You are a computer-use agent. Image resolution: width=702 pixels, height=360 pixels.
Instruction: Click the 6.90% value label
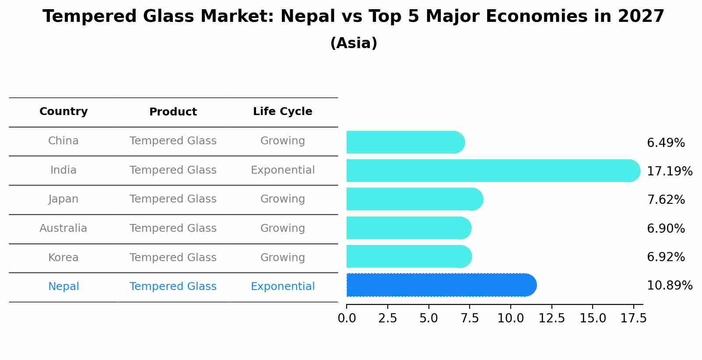pyautogui.click(x=666, y=228)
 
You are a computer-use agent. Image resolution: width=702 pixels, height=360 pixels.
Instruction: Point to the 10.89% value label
pyautogui.click(x=669, y=286)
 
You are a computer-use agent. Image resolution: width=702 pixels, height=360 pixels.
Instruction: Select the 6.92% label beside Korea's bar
pyautogui.click(x=666, y=257)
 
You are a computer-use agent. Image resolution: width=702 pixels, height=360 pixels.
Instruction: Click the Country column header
pyautogui.click(x=63, y=112)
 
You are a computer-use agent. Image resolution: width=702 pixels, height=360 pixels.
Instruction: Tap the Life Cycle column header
pyautogui.click(x=282, y=112)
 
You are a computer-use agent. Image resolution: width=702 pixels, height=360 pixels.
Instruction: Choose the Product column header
pyautogui.click(x=173, y=112)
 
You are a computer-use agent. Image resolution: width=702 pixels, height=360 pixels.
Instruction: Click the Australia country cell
pyautogui.click(x=63, y=228)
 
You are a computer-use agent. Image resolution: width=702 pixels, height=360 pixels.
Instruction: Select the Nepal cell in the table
pyautogui.click(x=63, y=287)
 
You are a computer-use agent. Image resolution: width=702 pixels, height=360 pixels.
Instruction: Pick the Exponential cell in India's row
pyautogui.click(x=282, y=170)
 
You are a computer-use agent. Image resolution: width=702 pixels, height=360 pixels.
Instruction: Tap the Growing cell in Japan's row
pyautogui.click(x=282, y=199)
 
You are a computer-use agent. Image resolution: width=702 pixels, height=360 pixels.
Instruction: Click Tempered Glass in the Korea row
pyautogui.click(x=173, y=258)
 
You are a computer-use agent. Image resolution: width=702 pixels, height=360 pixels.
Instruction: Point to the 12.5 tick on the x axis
pyautogui.click(x=551, y=318)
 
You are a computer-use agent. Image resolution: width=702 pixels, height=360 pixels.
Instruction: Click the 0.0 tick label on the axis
pyautogui.click(x=347, y=318)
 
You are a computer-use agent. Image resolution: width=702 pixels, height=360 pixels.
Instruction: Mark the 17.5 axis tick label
pyautogui.click(x=633, y=318)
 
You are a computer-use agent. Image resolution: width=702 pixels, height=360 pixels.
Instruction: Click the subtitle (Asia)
pyautogui.click(x=354, y=43)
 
